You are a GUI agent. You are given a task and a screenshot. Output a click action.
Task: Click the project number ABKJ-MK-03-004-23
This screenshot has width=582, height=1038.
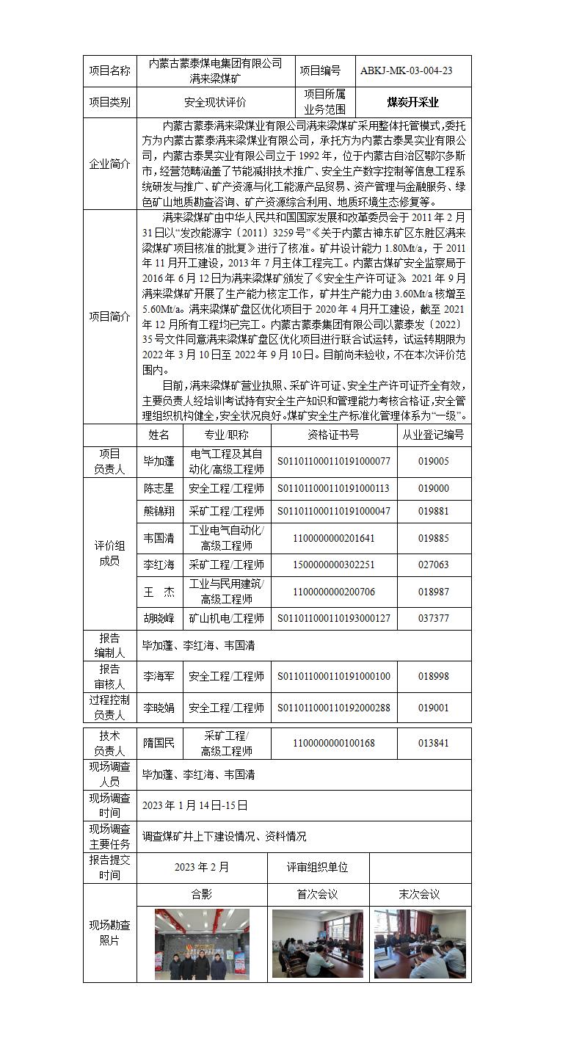point(406,71)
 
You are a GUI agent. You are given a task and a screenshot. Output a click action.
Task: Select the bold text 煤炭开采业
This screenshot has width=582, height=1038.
point(412,103)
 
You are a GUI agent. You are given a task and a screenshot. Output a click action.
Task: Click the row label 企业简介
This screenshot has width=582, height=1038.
point(109,164)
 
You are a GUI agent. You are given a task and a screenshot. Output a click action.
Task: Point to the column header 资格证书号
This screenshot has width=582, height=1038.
point(334,435)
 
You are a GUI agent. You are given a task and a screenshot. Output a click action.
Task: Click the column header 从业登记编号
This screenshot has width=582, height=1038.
point(433,435)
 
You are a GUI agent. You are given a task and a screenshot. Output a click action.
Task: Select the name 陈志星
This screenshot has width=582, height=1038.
point(159,488)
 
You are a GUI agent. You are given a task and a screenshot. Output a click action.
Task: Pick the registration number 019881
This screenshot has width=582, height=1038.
point(433,512)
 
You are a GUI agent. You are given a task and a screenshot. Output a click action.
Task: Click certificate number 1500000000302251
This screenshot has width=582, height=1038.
point(334,565)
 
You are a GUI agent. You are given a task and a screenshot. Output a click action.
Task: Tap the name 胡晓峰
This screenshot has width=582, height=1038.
point(159,618)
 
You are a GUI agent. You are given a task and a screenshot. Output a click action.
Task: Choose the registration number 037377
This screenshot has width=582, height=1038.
point(433,618)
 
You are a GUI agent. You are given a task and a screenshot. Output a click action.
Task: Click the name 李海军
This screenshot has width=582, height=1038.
point(159,676)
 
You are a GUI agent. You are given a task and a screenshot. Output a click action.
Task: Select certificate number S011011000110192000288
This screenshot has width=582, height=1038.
point(334,708)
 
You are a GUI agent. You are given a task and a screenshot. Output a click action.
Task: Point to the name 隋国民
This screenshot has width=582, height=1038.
point(159,743)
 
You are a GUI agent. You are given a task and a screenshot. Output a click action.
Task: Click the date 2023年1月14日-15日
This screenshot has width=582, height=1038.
point(195,805)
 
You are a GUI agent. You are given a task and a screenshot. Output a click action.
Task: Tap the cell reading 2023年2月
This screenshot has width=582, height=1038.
point(202,867)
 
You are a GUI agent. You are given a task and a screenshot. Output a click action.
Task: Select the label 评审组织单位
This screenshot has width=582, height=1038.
point(317,867)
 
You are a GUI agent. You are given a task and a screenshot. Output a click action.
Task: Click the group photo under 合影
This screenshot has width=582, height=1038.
point(202,943)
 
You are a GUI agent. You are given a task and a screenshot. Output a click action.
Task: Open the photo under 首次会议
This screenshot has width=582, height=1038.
point(317,943)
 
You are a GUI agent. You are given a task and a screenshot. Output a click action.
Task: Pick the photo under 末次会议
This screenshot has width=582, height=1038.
point(419,943)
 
